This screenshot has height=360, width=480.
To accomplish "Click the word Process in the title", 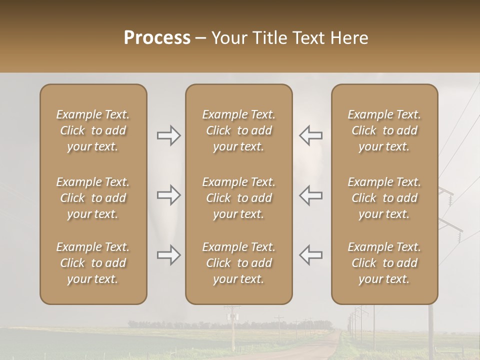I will click(x=157, y=38).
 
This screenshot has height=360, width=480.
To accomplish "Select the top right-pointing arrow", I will click(x=168, y=135).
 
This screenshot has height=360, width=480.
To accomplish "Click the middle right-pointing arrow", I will click(x=168, y=195).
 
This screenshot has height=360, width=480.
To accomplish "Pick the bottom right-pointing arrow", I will click(x=168, y=255).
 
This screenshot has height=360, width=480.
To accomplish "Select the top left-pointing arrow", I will click(x=310, y=135).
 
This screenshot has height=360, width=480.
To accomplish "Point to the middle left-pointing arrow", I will click(x=310, y=195).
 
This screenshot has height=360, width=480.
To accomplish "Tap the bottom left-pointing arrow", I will click(x=310, y=255).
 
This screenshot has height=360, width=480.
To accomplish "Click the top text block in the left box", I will click(x=93, y=130).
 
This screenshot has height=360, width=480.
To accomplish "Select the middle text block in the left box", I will click(x=93, y=198).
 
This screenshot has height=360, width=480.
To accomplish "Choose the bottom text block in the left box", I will click(x=93, y=263).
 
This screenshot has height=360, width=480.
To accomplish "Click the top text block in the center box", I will click(x=239, y=130).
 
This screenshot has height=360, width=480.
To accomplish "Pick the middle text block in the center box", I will click(x=239, y=198).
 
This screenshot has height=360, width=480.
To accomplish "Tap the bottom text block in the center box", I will click(x=239, y=263).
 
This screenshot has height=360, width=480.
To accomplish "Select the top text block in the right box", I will click(x=384, y=130).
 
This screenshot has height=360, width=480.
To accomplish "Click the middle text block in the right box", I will click(x=384, y=198).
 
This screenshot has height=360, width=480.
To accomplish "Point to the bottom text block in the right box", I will click(x=384, y=263).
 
